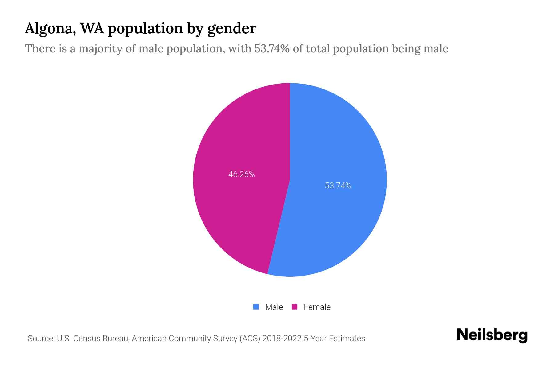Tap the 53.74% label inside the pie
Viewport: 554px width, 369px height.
tap(338, 186)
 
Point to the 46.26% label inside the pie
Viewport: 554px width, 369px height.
tap(241, 174)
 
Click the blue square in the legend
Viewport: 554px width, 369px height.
tap(256, 307)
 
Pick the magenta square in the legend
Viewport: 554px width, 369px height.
tap(295, 307)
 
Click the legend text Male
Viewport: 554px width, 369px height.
tap(274, 307)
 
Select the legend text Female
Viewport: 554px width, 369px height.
tap(317, 307)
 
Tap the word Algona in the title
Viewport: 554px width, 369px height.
tap(49, 29)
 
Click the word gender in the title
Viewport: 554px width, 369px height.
tap(231, 29)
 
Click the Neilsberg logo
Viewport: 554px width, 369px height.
tap(492, 335)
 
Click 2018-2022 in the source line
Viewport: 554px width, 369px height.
tap(282, 339)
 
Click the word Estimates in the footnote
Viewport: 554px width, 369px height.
tap(347, 339)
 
